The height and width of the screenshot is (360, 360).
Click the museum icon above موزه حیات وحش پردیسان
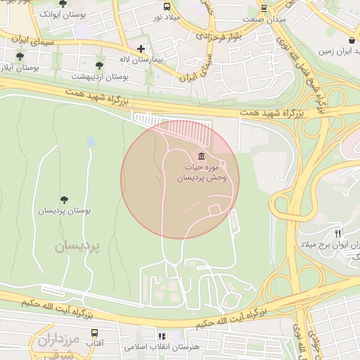click(202, 155)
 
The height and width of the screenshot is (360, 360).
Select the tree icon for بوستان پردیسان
click(65, 200)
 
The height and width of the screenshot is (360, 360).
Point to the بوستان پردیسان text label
click(65, 211)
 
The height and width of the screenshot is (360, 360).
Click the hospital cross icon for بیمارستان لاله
click(141, 49)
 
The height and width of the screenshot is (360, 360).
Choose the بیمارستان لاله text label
click(139, 61)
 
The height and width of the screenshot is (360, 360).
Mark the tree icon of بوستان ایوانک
click(63, 4)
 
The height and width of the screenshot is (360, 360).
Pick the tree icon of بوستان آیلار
click(19, 56)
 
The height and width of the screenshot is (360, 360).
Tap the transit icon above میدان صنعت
click(264, 8)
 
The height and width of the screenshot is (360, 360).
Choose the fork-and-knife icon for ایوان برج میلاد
click(338, 233)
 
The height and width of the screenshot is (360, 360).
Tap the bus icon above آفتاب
click(94, 332)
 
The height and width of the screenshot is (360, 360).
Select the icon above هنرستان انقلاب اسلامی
click(162, 337)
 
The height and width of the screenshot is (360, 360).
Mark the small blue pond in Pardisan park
click(91, 142)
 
